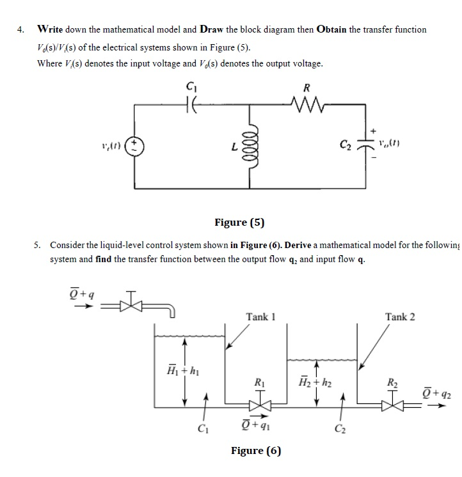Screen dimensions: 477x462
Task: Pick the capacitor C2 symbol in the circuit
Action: (x=367, y=144)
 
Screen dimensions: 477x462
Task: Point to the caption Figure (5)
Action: (x=239, y=223)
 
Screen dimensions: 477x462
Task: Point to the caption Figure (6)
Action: (x=256, y=450)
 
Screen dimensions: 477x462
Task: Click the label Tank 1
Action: (x=261, y=317)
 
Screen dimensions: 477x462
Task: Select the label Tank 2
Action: (x=400, y=317)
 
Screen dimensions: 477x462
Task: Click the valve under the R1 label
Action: (x=261, y=404)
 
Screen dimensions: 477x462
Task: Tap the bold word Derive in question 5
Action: (x=301, y=246)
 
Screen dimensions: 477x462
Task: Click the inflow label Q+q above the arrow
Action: (x=82, y=295)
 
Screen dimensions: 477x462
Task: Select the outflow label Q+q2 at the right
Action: (x=438, y=391)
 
